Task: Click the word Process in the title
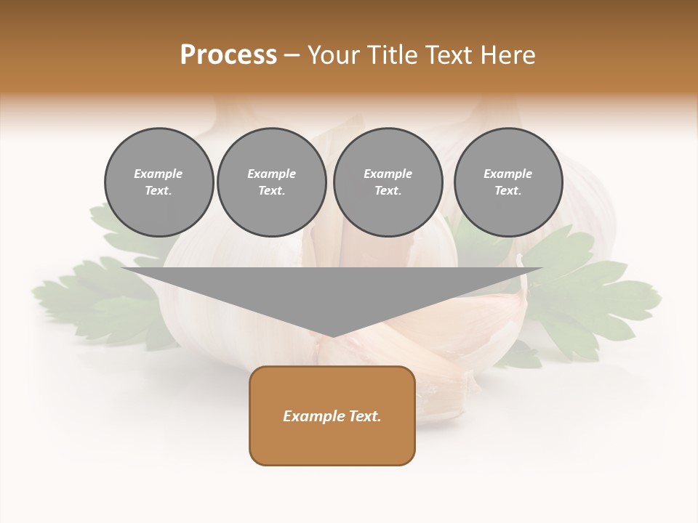point(228,55)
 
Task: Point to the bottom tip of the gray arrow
point(332,336)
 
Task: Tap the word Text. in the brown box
point(364,416)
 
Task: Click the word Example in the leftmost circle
point(159,174)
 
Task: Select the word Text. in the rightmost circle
point(508,190)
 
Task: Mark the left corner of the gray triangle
point(123,269)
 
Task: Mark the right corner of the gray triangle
point(542,269)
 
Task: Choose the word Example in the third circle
point(388,174)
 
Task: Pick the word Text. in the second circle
point(271,190)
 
